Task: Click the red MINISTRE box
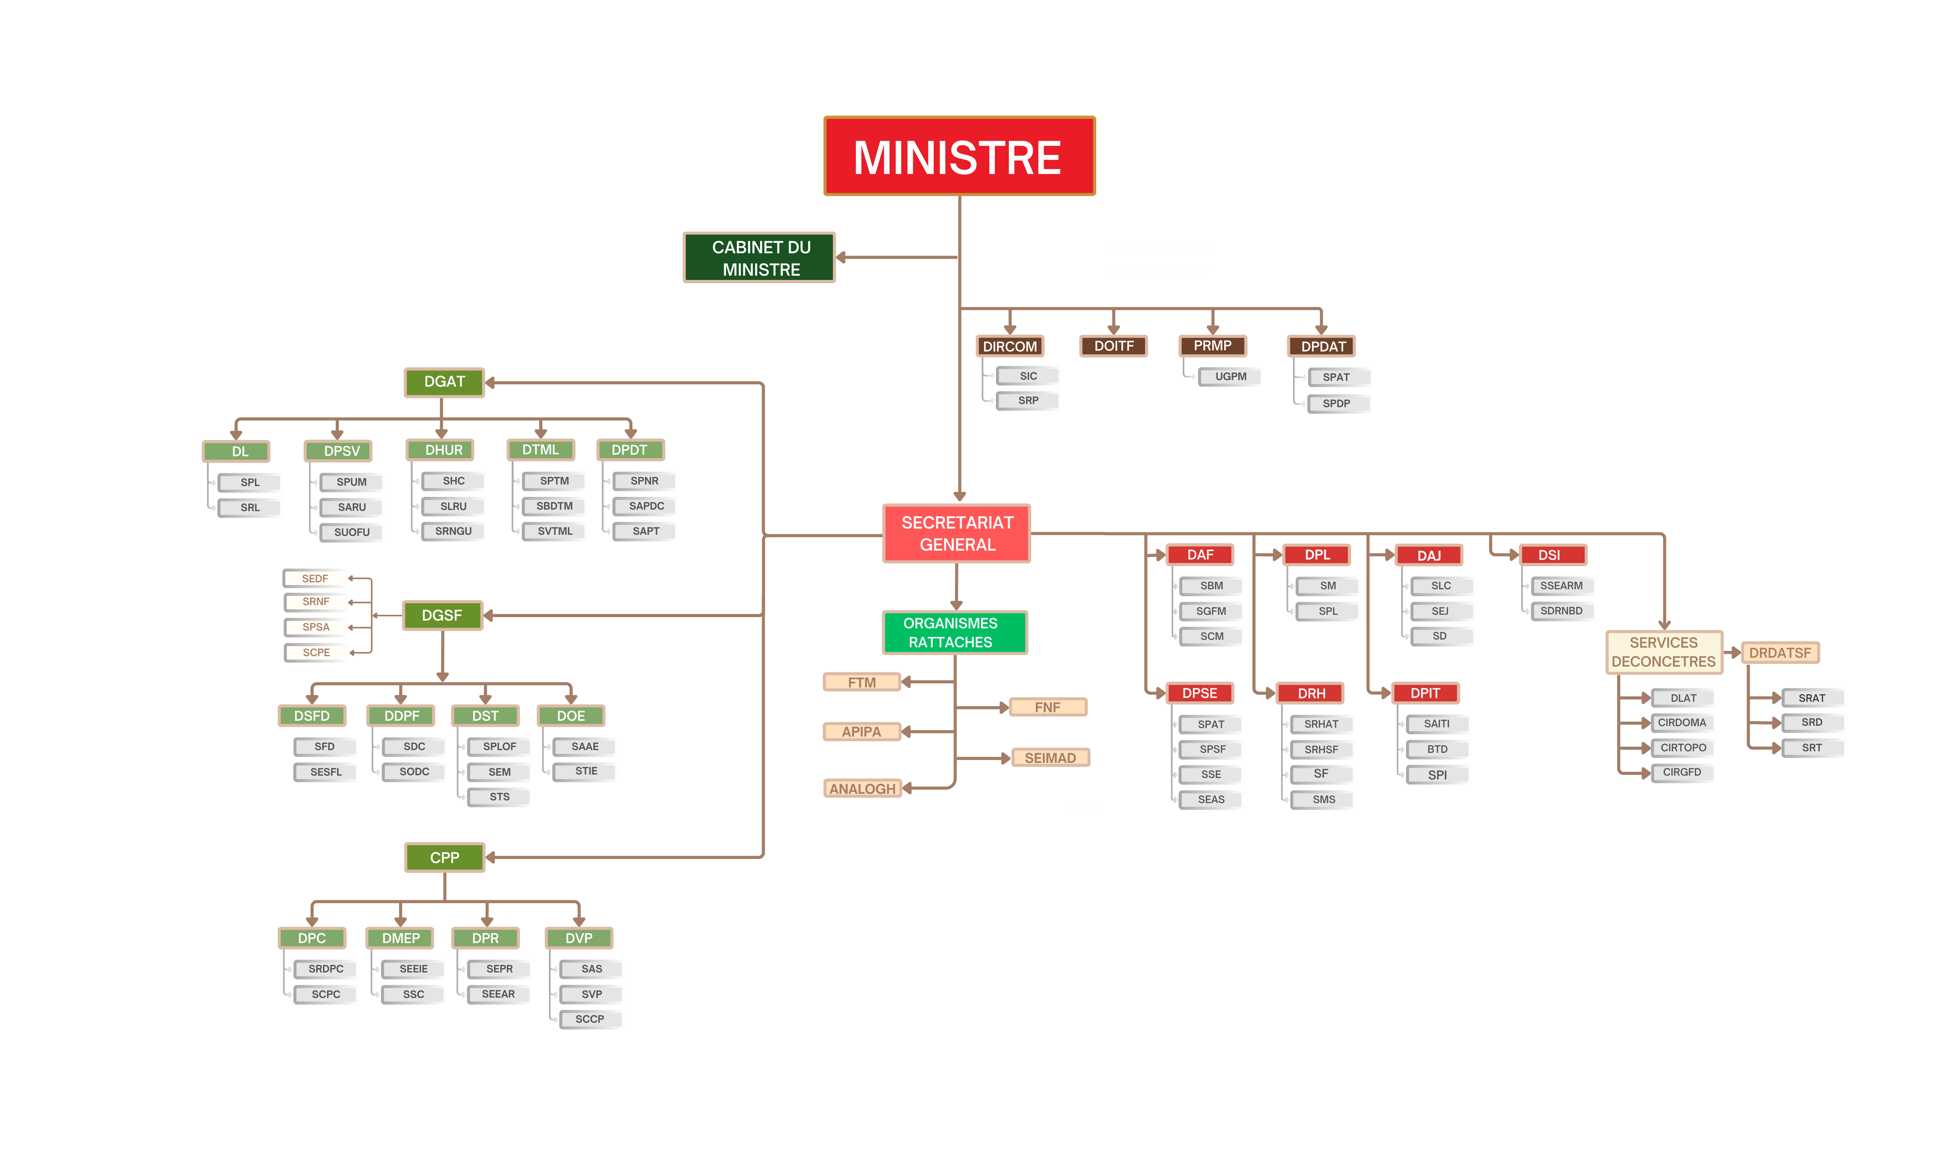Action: (x=958, y=156)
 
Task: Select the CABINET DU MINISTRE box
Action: (x=759, y=258)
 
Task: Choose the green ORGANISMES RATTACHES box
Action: (x=954, y=632)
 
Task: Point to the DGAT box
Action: (x=444, y=382)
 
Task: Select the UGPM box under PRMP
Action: (x=1230, y=377)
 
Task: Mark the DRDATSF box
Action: (x=1779, y=653)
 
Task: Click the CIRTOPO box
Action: (x=1682, y=748)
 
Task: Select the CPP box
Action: (x=444, y=858)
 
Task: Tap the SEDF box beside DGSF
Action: (x=315, y=578)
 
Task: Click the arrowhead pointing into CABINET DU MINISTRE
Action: (x=842, y=257)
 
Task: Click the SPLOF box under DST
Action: (x=499, y=747)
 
